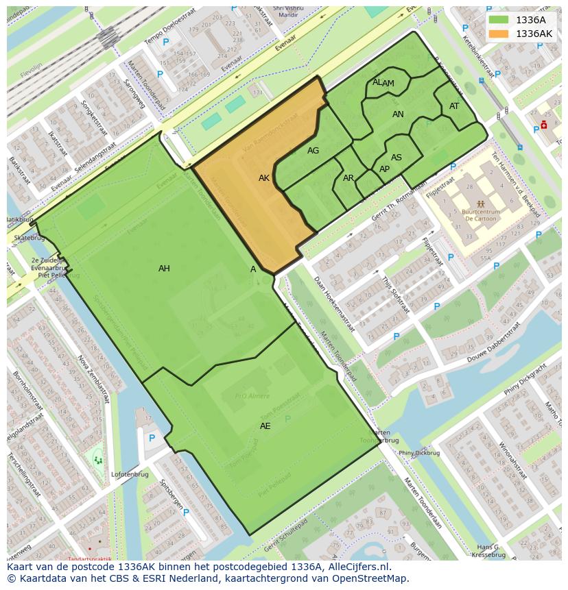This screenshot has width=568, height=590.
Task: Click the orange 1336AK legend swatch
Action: pyautogui.click(x=499, y=34)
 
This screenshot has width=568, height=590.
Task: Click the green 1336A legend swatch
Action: pyautogui.click(x=499, y=20)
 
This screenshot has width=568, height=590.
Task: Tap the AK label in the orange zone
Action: pyautogui.click(x=264, y=178)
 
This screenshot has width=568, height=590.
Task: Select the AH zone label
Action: pyautogui.click(x=164, y=269)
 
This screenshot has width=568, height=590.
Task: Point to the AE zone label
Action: pyautogui.click(x=265, y=426)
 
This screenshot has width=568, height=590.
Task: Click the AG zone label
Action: pyautogui.click(x=313, y=151)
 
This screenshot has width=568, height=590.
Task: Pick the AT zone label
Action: pyautogui.click(x=454, y=106)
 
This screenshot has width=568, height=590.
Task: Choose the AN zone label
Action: pyautogui.click(x=398, y=114)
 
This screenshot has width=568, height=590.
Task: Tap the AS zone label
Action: pyautogui.click(x=397, y=158)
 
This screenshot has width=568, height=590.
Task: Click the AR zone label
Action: pyautogui.click(x=348, y=178)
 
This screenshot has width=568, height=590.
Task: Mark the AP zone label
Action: pyautogui.click(x=384, y=169)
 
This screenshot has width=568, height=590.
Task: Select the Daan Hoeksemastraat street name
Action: pyautogui.click(x=333, y=302)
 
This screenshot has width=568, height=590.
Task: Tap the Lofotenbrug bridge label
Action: pyautogui.click(x=130, y=473)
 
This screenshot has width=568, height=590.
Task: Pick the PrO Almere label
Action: pyautogui.click(x=252, y=396)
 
